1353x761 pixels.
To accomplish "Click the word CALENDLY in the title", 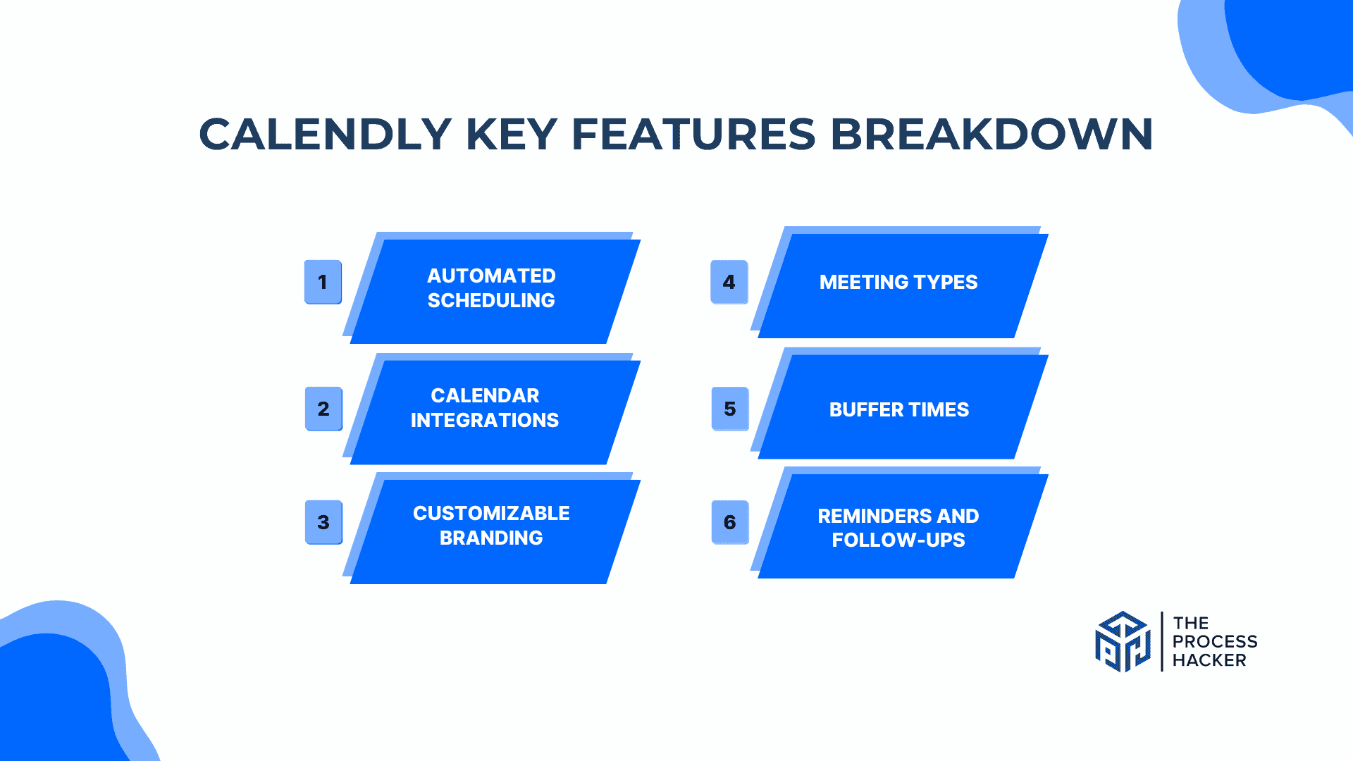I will pos(325,134).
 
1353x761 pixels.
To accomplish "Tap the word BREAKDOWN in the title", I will pos(991,134).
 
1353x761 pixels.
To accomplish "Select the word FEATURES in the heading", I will pos(693,134).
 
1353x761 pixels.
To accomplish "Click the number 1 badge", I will pos(323,282).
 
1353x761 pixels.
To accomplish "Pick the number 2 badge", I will pos(323,409).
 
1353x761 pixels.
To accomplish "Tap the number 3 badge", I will pos(323,522).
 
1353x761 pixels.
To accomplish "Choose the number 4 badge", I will pos(729,282).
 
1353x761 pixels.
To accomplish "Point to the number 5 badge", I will pos(730,409).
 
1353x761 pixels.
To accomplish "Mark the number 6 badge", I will pos(730,522).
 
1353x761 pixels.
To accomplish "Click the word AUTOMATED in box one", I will pos(491,276).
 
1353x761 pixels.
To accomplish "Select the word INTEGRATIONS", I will pos(485,421).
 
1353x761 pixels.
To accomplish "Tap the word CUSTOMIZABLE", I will pos(491,513).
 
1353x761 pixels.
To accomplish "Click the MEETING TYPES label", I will pos(898,282).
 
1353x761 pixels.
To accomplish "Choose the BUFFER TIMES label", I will pos(898,409).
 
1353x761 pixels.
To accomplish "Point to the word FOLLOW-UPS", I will pos(898,540).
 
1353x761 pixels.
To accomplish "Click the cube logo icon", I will pos(1123,642).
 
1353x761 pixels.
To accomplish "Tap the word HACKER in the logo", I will pos(1209,660).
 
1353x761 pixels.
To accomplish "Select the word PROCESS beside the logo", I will pos(1215,642).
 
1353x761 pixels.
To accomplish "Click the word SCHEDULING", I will pos(491,301).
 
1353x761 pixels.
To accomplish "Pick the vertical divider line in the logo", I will pos(1161,642).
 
